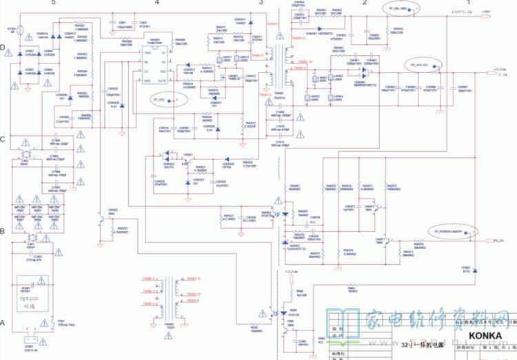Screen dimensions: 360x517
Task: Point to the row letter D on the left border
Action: (x=3, y=48)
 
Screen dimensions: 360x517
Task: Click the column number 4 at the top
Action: (x=156, y=3)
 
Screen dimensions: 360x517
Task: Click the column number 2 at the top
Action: (x=363, y=3)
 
